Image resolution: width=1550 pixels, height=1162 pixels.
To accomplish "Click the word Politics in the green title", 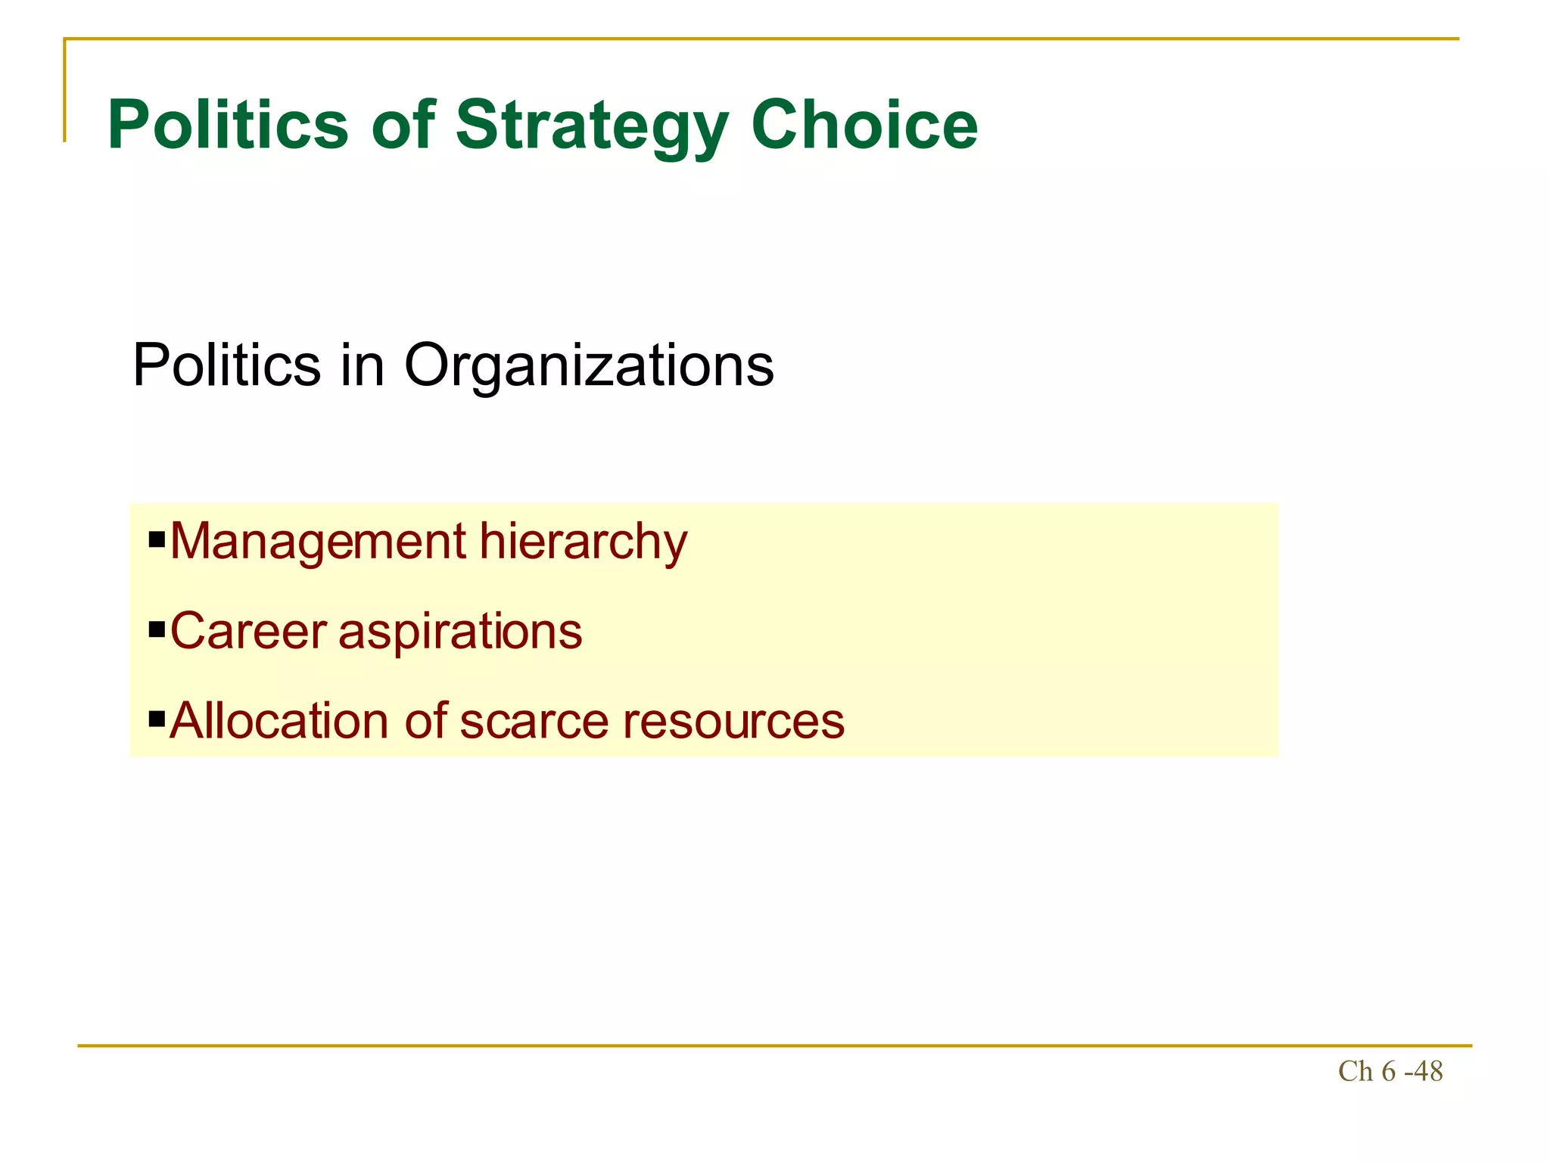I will [228, 125].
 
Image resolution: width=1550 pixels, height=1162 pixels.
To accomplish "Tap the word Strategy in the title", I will [592, 126].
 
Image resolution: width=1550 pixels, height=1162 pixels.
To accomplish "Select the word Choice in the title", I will [864, 125].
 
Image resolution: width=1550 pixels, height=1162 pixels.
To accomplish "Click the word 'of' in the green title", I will [403, 125].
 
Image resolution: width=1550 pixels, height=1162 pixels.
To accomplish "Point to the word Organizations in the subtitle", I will [589, 366].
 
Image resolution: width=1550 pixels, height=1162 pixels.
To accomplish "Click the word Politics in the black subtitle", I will [226, 365].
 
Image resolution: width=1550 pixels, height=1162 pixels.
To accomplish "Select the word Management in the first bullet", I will [318, 542].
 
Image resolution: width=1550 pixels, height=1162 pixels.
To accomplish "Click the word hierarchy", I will [583, 542].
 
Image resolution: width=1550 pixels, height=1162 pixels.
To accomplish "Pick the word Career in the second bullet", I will [248, 631].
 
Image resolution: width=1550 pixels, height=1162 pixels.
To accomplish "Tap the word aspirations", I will [460, 632].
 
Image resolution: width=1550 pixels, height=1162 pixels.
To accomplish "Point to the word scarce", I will [534, 722].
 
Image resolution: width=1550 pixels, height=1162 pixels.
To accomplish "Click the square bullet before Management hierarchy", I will [157, 539].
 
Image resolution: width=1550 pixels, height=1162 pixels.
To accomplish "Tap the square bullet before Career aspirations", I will [157, 629].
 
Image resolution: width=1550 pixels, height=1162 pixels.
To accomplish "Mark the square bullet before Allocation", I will [157, 718].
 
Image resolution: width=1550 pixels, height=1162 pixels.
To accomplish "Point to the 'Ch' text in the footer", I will [1355, 1072].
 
